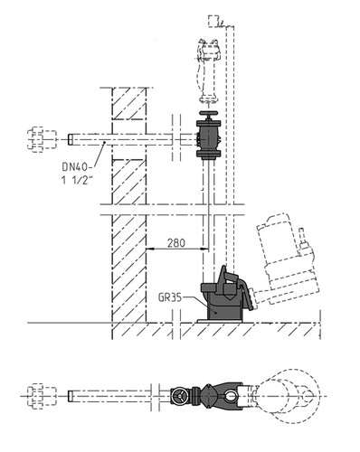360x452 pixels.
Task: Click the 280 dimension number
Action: (176, 243)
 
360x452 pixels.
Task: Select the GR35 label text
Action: (170, 298)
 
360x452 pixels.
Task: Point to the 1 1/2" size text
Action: (77, 180)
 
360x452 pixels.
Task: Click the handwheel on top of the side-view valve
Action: (208, 115)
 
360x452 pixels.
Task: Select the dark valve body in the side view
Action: (208, 138)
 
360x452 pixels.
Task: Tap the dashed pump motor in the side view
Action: (287, 259)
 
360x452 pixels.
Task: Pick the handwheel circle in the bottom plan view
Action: (178, 396)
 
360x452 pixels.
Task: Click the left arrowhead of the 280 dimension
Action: (150, 249)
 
